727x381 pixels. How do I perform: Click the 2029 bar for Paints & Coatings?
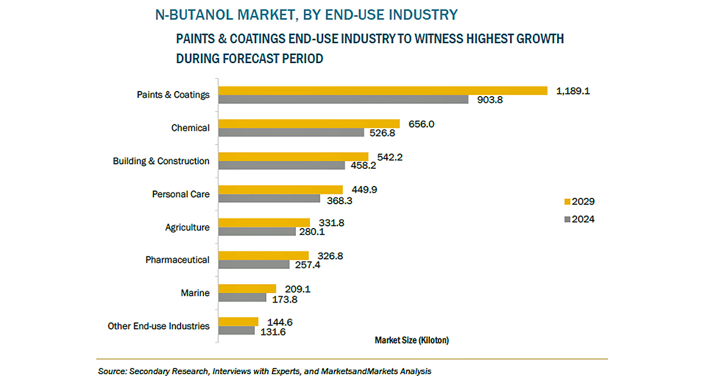tap(383, 90)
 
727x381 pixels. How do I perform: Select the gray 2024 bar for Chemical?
tap(291, 132)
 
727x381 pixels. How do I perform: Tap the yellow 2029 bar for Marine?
tap(247, 289)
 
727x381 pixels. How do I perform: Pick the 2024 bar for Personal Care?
tap(269, 198)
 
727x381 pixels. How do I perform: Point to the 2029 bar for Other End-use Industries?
tap(238, 322)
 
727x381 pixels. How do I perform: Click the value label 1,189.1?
tap(573, 91)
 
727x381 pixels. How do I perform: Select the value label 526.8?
tap(382, 133)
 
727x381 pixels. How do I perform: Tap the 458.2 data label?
tap(363, 165)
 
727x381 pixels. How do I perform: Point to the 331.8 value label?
tap(331, 223)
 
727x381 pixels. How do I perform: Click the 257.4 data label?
tap(307, 265)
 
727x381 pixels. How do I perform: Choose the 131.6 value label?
tap(273, 332)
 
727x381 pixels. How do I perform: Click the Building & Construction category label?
tap(161, 161)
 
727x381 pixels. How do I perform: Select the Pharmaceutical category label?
tap(177, 260)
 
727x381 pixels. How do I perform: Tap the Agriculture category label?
tap(187, 227)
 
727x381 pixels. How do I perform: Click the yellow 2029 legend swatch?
tap(567, 202)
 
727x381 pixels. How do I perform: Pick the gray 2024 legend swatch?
tap(567, 220)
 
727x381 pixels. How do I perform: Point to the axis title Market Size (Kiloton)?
tap(412, 341)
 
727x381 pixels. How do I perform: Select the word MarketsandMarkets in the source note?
tap(360, 371)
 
